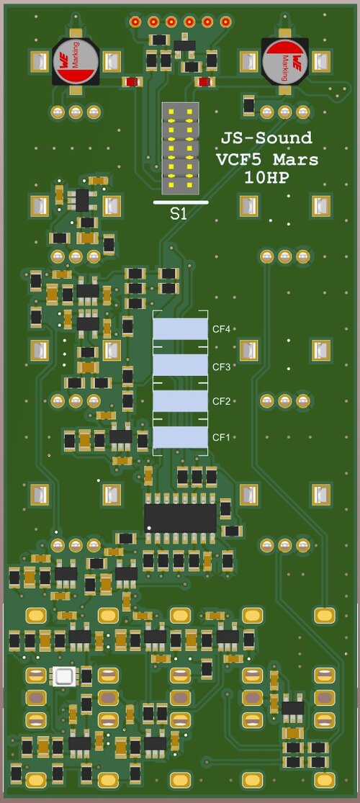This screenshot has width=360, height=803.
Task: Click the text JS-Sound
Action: pos(266,138)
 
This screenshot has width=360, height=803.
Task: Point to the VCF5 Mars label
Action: pos(266,158)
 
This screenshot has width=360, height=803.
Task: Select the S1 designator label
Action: pos(179,214)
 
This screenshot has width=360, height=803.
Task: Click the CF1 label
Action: pos(220,437)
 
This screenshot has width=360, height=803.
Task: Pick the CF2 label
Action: pos(220,401)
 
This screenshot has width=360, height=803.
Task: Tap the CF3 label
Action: pos(220,367)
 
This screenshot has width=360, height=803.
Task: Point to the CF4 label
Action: pos(220,329)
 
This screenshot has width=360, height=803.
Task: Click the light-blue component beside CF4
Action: pos(180,329)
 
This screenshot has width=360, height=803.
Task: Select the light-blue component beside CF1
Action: pos(180,437)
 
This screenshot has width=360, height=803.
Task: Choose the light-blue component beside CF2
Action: pos(180,401)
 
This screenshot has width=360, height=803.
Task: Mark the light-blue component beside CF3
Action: pos(180,366)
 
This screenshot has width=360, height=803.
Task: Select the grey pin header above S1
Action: pos(180,148)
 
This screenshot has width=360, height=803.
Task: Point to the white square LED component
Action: pos(63,676)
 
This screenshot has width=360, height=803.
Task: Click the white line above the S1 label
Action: pos(181,202)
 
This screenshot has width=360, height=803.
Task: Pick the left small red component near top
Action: pos(130,81)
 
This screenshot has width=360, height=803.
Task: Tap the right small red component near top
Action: pos(204,81)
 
